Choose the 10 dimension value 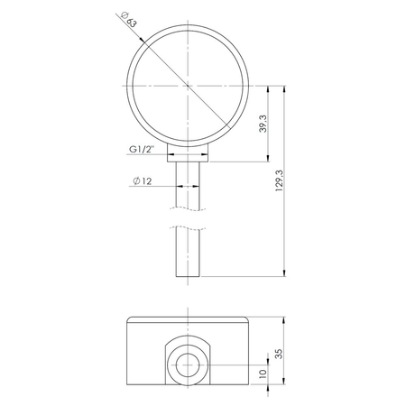[x=262, y=374]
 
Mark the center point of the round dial [x=188, y=86]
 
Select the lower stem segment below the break [x=188, y=253]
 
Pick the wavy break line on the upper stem [x=188, y=212]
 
